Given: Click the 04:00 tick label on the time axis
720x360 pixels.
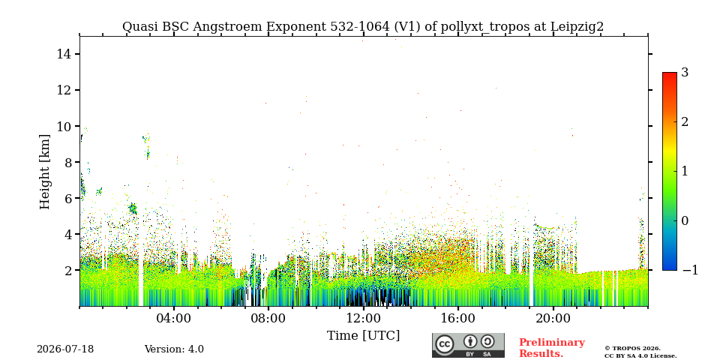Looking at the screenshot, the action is click(174, 319).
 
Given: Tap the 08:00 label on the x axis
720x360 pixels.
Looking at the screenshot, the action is click(268, 319).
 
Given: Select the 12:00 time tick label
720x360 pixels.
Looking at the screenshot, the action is click(363, 319).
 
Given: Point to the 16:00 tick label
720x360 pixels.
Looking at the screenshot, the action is click(457, 319).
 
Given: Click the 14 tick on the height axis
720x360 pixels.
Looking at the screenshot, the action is click(63, 54).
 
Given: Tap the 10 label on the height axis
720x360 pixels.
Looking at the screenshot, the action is click(63, 126).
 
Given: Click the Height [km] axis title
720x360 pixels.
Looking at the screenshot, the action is click(44, 172).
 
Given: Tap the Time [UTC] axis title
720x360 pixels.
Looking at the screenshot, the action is click(363, 336).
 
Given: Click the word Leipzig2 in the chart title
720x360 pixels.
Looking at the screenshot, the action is click(577, 27).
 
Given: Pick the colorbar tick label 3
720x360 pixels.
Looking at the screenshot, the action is click(685, 73).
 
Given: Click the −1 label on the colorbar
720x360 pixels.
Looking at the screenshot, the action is click(690, 271).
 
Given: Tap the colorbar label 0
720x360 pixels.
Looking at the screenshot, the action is click(685, 220).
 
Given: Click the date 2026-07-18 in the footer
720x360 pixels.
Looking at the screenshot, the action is click(65, 349).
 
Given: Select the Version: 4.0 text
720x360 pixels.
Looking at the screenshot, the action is click(174, 349).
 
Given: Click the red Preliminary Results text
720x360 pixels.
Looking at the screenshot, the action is click(552, 348).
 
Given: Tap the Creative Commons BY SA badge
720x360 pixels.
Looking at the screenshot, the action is click(468, 346).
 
